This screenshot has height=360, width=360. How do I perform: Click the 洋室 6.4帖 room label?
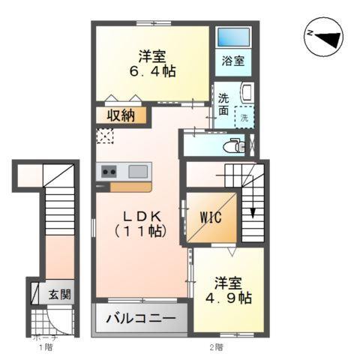click(152, 64)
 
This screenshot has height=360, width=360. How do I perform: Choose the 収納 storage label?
click(120, 115)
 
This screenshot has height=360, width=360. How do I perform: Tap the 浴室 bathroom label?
click(232, 61)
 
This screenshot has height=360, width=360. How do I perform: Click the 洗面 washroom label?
click(224, 104)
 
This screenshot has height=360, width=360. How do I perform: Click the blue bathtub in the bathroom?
click(232, 37)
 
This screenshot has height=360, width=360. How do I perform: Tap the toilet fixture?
click(235, 145)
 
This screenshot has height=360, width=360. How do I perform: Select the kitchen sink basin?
click(137, 171)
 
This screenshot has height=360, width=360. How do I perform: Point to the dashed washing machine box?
click(244, 116)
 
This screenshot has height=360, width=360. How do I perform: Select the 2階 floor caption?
click(216, 347)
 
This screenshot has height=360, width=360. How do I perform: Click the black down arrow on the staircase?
click(252, 211)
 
